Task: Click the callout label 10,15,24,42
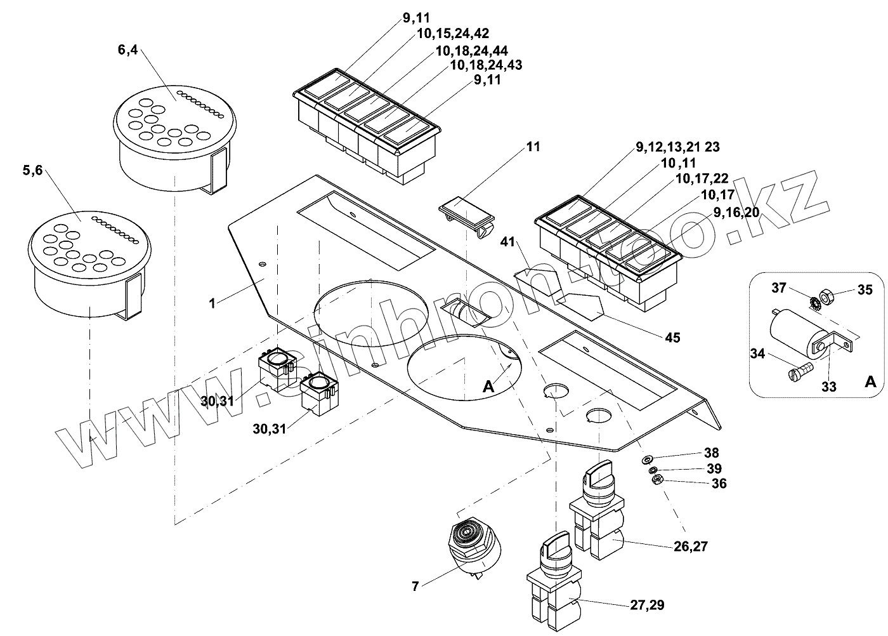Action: pos(453,34)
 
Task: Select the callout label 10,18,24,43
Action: pos(486,65)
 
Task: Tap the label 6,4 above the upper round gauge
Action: pos(127,50)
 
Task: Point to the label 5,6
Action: pos(32,171)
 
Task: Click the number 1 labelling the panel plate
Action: pos(212,303)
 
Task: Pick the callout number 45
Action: pos(673,338)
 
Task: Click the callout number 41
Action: pos(507,242)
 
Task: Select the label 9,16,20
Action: pos(736,213)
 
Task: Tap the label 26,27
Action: pos(691,547)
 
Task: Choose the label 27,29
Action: pos(647,605)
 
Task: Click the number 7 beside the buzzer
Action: pos(415,586)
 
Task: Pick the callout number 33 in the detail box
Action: pos(828,387)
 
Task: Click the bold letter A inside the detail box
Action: pos(870,382)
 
